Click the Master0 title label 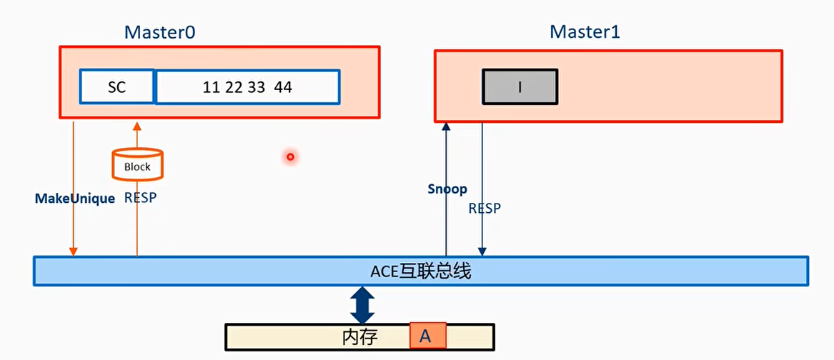click(x=160, y=32)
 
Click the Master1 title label click(x=585, y=32)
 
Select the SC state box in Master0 click(x=116, y=87)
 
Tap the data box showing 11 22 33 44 click(x=247, y=87)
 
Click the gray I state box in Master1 click(x=520, y=87)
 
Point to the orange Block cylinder click(x=137, y=164)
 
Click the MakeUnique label click(x=75, y=199)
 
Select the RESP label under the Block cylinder click(x=140, y=198)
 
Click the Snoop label click(x=447, y=189)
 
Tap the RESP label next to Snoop click(x=485, y=209)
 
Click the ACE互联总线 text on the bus click(x=420, y=271)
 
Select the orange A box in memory click(x=427, y=336)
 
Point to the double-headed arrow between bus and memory click(x=362, y=304)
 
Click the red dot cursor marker click(x=290, y=156)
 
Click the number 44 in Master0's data click(x=283, y=87)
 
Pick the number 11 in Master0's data click(x=211, y=87)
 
